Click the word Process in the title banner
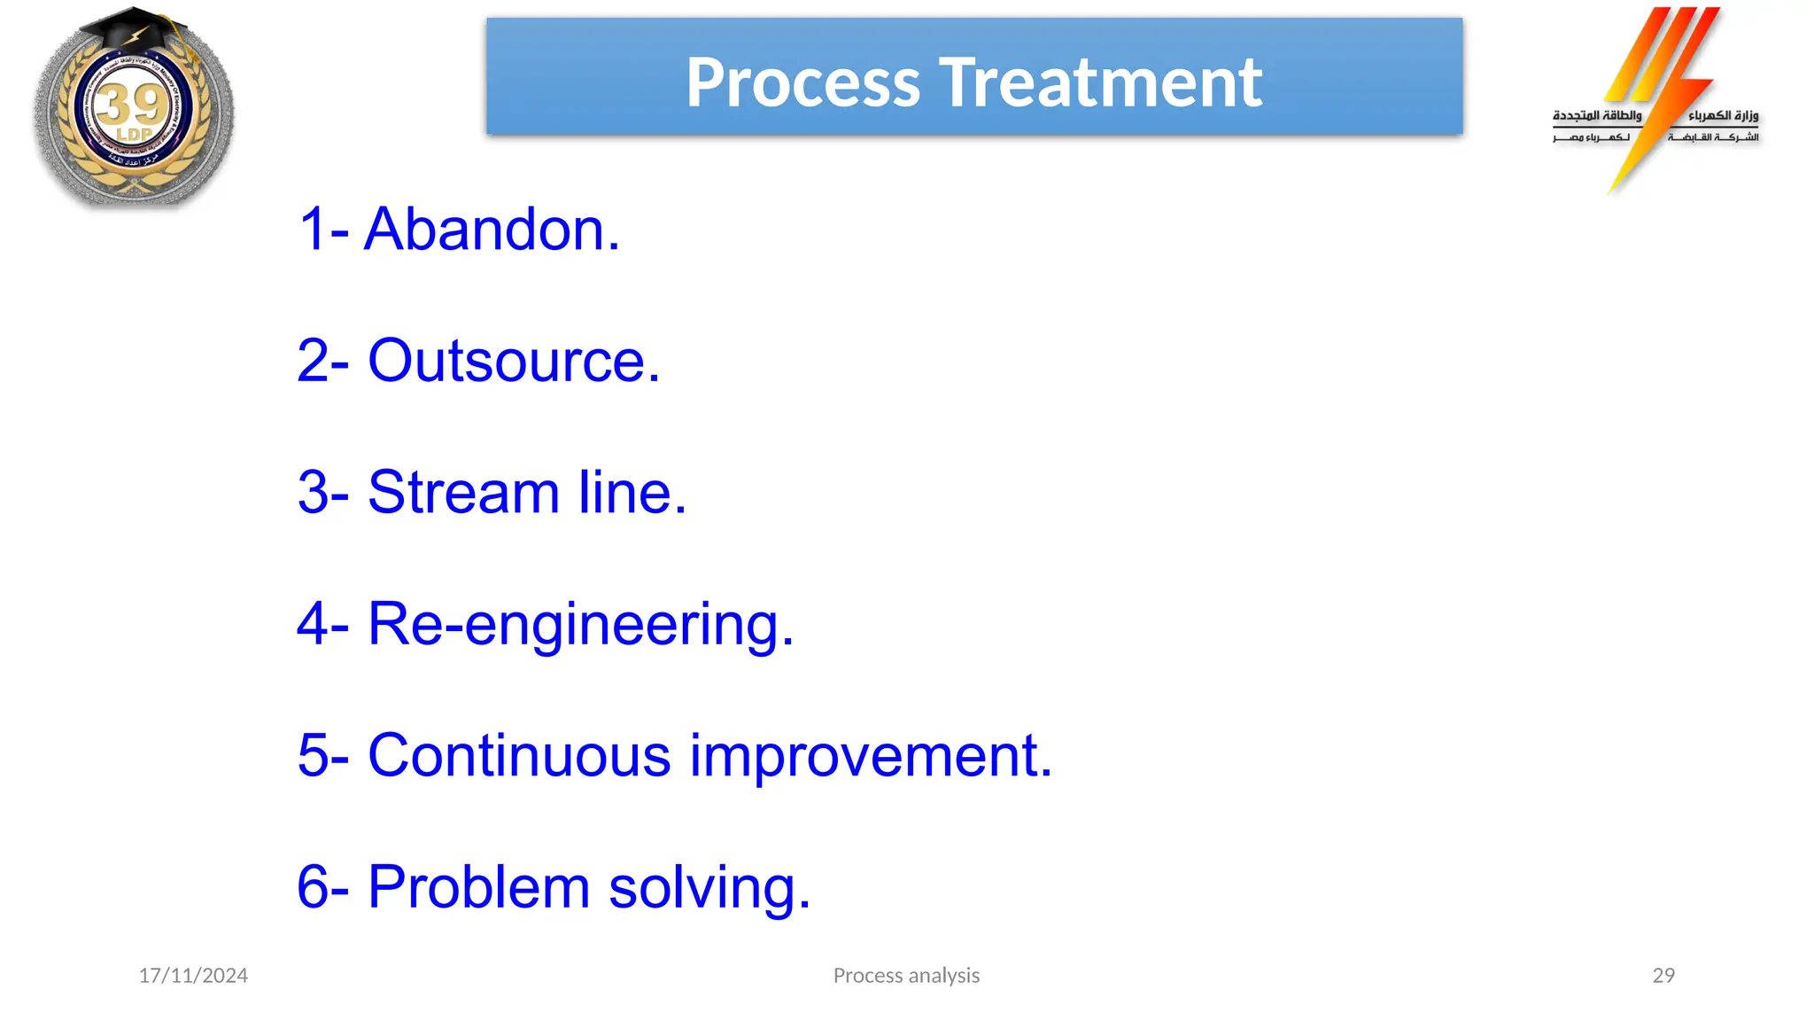pyautogui.click(x=802, y=83)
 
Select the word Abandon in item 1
pyautogui.click(x=492, y=230)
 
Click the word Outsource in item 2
pyautogui.click(x=514, y=362)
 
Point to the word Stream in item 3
pyautogui.click(x=463, y=493)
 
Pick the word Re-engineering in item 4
pyautogui.click(x=580, y=625)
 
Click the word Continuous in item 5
pyautogui.click(x=519, y=756)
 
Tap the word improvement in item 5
pyautogui.click(x=871, y=756)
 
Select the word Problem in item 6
pyautogui.click(x=478, y=887)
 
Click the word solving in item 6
pyautogui.click(x=709, y=887)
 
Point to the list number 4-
pyautogui.click(x=322, y=625)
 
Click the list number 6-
pyautogui.click(x=322, y=887)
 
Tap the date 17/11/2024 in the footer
pyautogui.click(x=193, y=976)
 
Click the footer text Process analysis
pyautogui.click(x=906, y=976)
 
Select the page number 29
pyautogui.click(x=1663, y=976)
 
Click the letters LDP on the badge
pyautogui.click(x=135, y=135)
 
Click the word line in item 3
pyautogui.click(x=632, y=493)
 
